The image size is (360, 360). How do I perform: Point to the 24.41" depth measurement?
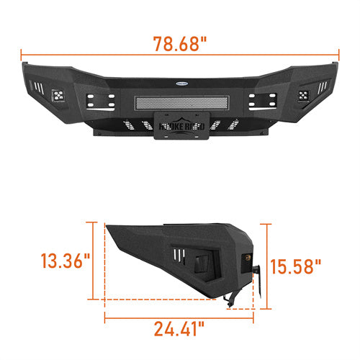click(x=181, y=330)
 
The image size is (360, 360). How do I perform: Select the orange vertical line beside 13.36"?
click(x=94, y=261)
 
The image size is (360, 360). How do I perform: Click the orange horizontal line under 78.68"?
click(x=180, y=53)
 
